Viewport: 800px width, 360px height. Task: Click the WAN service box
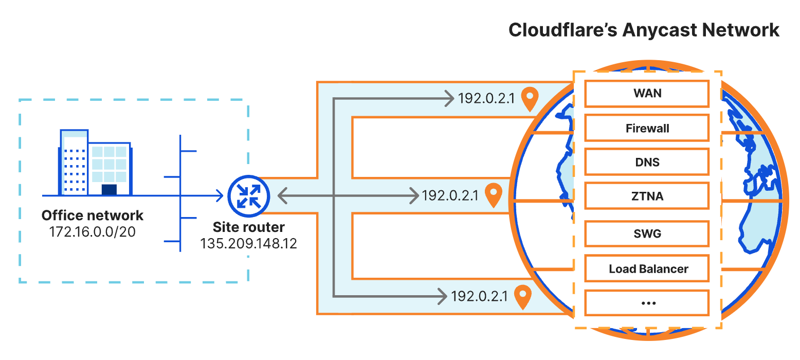click(x=647, y=94)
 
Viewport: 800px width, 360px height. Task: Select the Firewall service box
click(x=647, y=128)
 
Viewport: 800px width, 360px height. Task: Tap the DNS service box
click(x=647, y=162)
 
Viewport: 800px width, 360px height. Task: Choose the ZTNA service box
click(x=647, y=196)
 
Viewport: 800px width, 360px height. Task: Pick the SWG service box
click(x=647, y=234)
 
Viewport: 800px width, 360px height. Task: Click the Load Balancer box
click(x=647, y=268)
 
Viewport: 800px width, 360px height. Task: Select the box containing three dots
click(x=647, y=303)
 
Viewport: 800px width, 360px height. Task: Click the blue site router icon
click(x=249, y=196)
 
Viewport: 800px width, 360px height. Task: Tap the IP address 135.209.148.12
click(x=248, y=244)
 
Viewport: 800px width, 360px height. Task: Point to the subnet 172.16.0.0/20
click(x=92, y=232)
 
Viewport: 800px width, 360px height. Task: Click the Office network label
click(x=92, y=215)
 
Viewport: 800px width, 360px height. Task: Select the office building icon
click(x=95, y=163)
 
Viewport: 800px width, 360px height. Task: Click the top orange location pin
click(x=530, y=99)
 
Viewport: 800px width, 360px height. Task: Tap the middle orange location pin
click(x=494, y=195)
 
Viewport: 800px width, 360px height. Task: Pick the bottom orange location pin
click(x=523, y=297)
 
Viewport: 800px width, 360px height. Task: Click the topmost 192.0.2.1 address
click(x=486, y=99)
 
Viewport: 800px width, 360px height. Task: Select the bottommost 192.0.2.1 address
click(x=479, y=296)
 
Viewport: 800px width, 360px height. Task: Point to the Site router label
click(x=248, y=227)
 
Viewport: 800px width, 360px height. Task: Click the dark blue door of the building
click(x=110, y=190)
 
